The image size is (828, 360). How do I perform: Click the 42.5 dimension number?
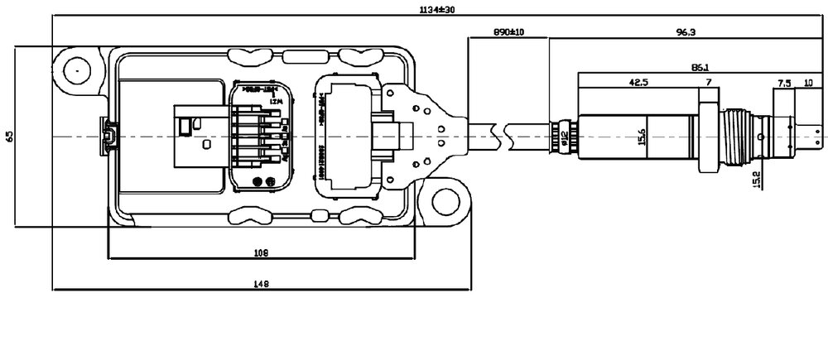pyautogui.click(x=638, y=83)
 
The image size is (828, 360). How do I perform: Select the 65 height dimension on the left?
pyautogui.click(x=9, y=135)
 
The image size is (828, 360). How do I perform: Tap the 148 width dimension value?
pyautogui.click(x=261, y=283)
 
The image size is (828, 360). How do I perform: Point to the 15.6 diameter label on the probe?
pyautogui.click(x=643, y=136)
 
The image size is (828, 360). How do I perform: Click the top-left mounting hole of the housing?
pyautogui.click(x=75, y=71)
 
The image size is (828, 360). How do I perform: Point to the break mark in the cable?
pyautogui.click(x=496, y=132)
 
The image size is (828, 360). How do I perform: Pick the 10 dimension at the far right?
pyautogui.click(x=808, y=83)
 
